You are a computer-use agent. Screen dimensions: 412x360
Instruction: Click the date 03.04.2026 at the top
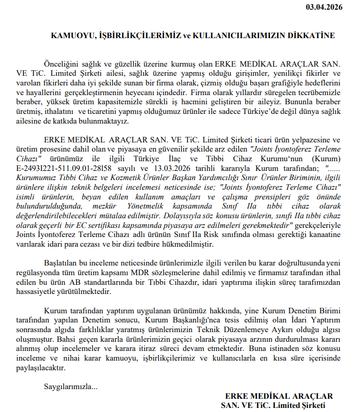[x=324, y=7]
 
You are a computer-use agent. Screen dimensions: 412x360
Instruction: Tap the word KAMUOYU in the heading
[x=69, y=36]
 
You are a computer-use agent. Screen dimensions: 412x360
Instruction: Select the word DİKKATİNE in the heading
[x=312, y=36]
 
